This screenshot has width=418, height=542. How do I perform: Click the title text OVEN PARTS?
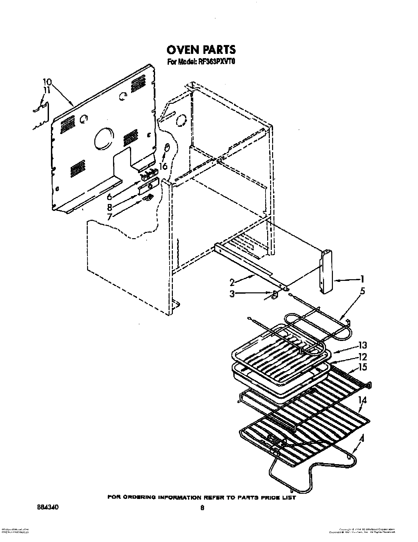point(201,49)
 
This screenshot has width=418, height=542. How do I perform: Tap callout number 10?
point(47,82)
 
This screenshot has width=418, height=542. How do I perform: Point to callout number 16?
point(163,167)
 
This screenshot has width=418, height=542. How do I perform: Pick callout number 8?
point(110,207)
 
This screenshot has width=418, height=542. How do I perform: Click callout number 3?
point(232,294)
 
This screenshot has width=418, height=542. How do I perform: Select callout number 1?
point(362,280)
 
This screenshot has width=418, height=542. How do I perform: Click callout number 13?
point(362,346)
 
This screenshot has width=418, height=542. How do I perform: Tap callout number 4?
point(362,438)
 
